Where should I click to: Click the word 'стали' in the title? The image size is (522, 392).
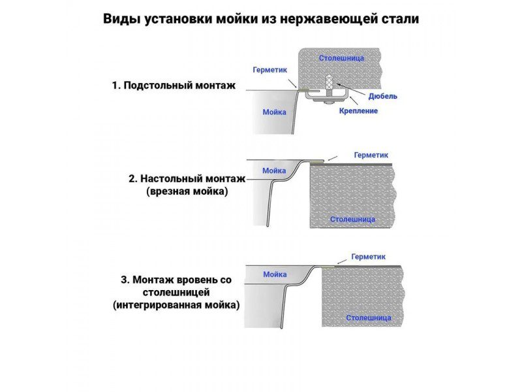coord(399,19)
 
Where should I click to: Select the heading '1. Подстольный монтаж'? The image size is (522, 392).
coord(173,86)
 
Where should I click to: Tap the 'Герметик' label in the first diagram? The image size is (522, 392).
coord(269,70)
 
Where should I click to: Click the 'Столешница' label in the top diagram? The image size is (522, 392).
coord(341,58)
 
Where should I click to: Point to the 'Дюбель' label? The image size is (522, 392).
coord(382,96)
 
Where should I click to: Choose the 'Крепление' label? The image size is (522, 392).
coord(358,110)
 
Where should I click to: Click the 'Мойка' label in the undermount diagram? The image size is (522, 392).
coord(274,112)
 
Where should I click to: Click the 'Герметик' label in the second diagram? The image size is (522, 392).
coord(371,155)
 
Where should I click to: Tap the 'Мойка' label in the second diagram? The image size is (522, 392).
coord(274,171)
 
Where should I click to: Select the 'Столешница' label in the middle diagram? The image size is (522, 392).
coord(352,220)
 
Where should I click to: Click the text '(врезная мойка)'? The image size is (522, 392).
coord(187,191)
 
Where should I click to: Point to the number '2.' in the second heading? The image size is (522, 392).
coord(132,178)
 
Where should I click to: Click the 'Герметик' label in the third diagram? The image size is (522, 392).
coord(368,257)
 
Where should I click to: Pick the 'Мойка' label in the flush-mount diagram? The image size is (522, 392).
coord(275,274)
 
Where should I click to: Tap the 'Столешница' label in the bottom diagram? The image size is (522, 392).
coord(369,318)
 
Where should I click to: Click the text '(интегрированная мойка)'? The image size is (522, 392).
coord(176,304)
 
